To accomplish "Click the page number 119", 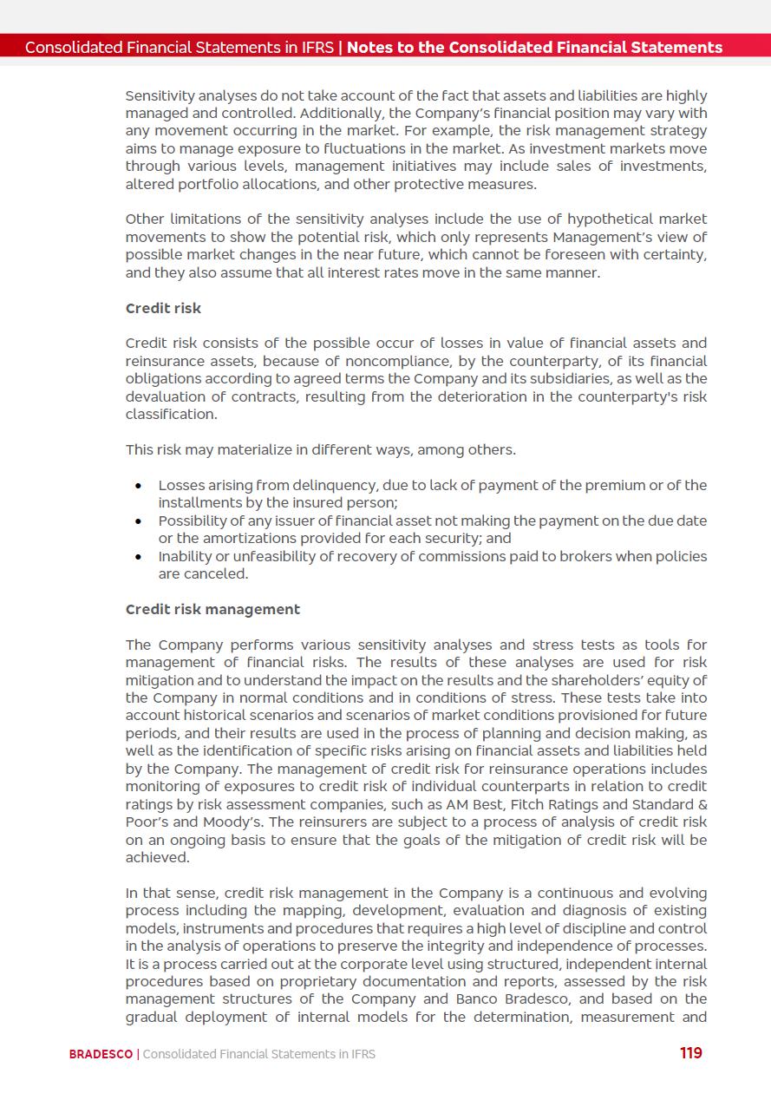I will click(x=690, y=1053).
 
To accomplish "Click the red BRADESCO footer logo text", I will click(x=101, y=1054).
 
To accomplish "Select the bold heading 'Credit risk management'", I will click(x=212, y=609).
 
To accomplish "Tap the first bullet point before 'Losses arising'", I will click(x=138, y=486).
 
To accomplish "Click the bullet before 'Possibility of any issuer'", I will click(x=138, y=521).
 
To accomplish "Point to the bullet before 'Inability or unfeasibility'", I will click(x=138, y=557).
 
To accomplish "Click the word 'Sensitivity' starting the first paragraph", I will click(x=161, y=95).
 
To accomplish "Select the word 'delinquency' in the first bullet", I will click(x=308, y=485).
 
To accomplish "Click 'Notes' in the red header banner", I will click(x=369, y=48).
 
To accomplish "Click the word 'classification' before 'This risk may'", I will click(x=170, y=414).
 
